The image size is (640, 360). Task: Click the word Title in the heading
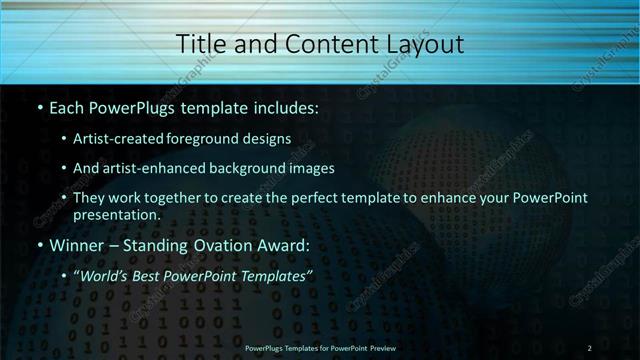pyautogui.click(x=199, y=44)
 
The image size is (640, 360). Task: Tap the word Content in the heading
pyautogui.click(x=320, y=44)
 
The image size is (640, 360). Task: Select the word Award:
pyautogui.click(x=284, y=245)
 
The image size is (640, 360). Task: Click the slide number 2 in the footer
pyautogui.click(x=589, y=348)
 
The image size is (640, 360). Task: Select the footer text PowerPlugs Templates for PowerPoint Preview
pyautogui.click(x=319, y=348)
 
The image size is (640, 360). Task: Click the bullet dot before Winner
pyautogui.click(x=39, y=245)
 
